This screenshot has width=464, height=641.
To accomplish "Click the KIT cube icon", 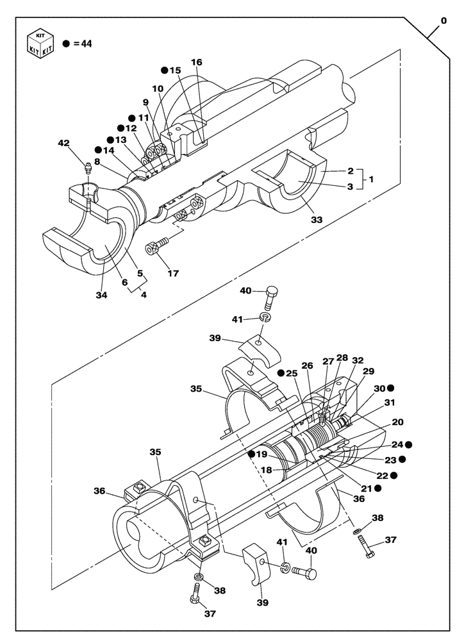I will coord(40,44).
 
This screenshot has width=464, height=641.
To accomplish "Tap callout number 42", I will coord(64,144).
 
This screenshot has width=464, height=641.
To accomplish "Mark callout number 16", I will coord(196,62).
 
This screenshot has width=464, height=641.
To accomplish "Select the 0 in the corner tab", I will coord(443,21).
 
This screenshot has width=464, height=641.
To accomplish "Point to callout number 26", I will coord(307,365).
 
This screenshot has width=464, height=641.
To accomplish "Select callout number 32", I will coord(358,361).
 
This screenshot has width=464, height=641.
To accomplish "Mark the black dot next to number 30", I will coord(390,388).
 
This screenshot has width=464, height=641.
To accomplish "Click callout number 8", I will coord(97,163).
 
